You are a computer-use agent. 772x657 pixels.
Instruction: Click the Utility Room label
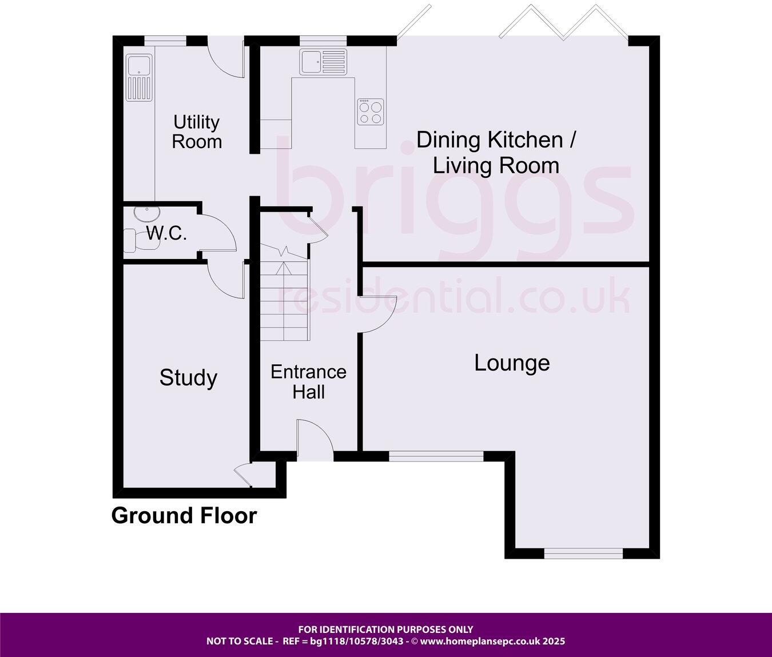tap(197, 132)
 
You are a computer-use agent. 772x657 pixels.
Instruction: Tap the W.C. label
tap(166, 233)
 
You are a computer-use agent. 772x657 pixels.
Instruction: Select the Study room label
tap(188, 378)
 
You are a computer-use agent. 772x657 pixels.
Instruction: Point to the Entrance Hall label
tap(308, 382)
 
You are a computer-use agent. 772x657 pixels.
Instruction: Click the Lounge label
tap(512, 363)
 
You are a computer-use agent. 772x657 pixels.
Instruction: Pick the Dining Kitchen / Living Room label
tap(496, 153)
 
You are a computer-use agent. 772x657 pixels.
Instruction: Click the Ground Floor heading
tap(184, 516)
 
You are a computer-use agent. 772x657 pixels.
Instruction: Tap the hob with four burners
tap(370, 112)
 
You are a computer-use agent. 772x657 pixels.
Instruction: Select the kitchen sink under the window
tap(323, 62)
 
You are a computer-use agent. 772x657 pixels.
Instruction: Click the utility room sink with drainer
tap(139, 78)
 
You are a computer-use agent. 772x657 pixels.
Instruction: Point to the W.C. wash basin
tap(146, 213)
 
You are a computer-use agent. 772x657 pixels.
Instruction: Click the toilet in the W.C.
tap(131, 240)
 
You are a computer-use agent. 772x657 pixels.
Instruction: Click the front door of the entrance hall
tap(315, 440)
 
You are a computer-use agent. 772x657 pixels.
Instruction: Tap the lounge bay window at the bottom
tap(583, 553)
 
